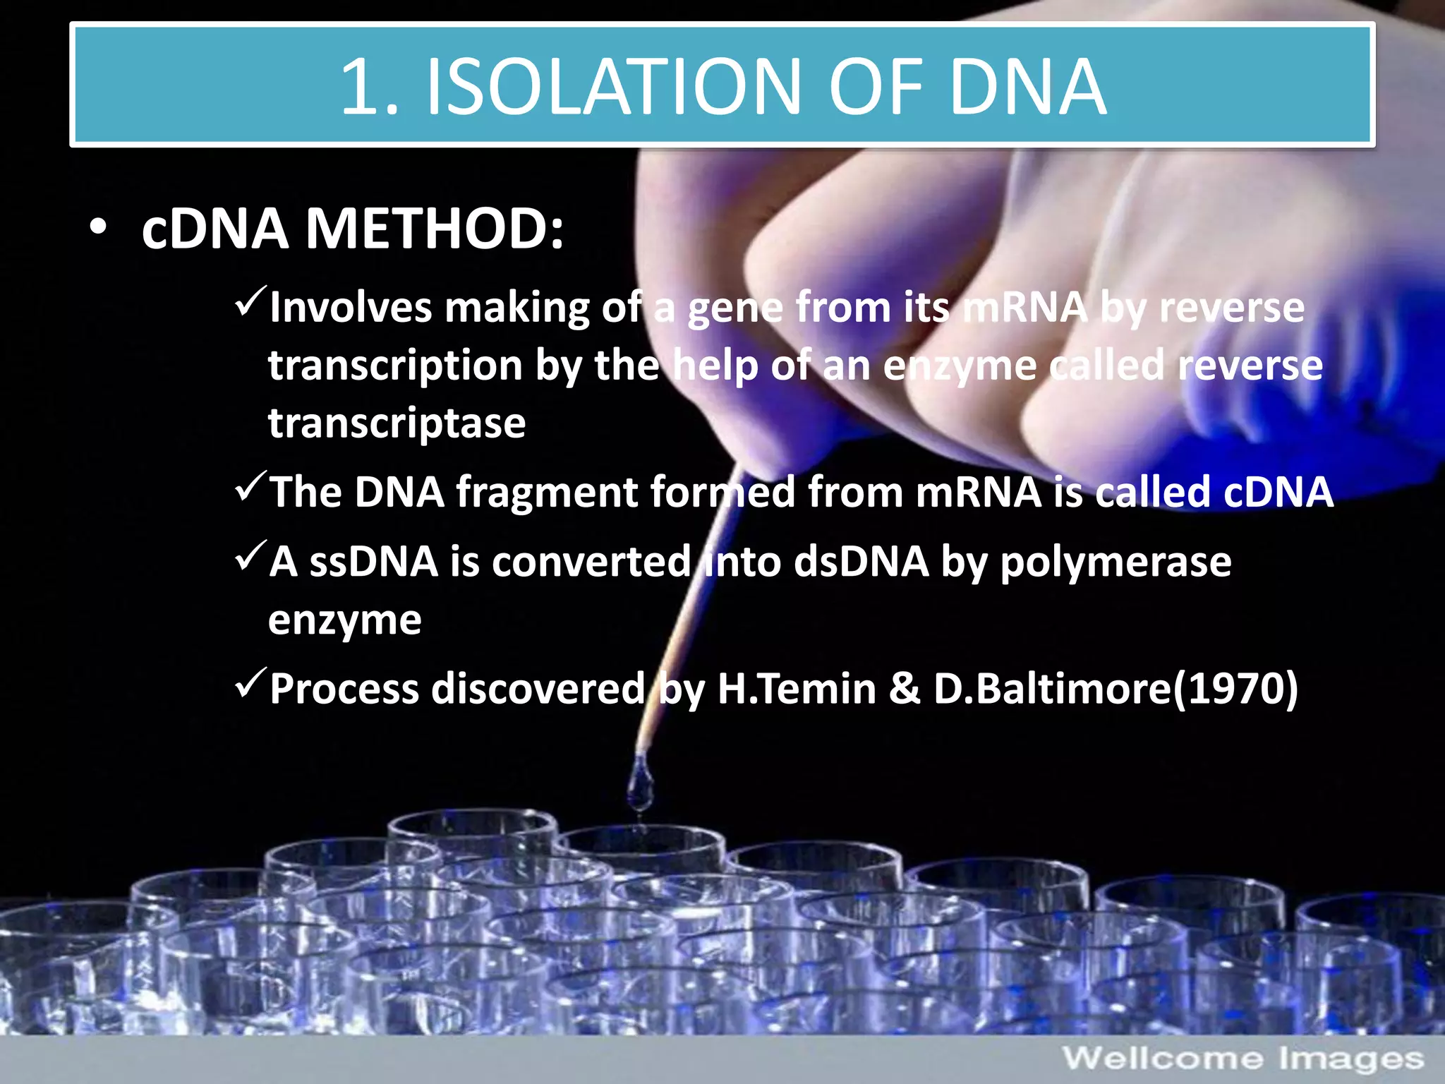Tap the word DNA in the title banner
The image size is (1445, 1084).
(1027, 87)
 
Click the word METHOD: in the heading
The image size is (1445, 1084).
(434, 229)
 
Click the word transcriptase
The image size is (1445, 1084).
(397, 423)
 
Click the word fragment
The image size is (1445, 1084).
(546, 492)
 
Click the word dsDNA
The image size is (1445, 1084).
(861, 562)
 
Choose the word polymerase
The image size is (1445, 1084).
(1116, 563)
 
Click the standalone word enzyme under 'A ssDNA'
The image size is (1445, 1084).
(344, 620)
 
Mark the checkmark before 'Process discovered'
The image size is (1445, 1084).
(250, 682)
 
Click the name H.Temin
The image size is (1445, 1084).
(797, 688)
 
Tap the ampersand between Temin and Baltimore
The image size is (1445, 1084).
(904, 688)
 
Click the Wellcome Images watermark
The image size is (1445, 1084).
(1243, 1059)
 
